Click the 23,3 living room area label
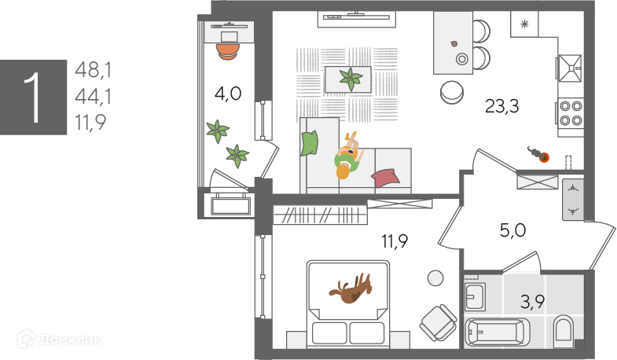(x=501, y=107)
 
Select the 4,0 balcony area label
(x=228, y=94)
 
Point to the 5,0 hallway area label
(x=513, y=230)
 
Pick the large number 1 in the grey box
(x=33, y=97)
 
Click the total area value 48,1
(x=93, y=71)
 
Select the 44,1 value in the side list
(x=93, y=97)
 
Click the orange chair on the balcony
(x=227, y=49)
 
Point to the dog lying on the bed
(x=351, y=290)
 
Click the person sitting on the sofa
(x=347, y=155)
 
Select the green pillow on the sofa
(x=310, y=143)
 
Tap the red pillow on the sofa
(x=385, y=177)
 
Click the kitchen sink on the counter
(x=570, y=68)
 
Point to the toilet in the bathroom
(x=564, y=331)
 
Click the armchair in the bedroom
(x=437, y=321)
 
